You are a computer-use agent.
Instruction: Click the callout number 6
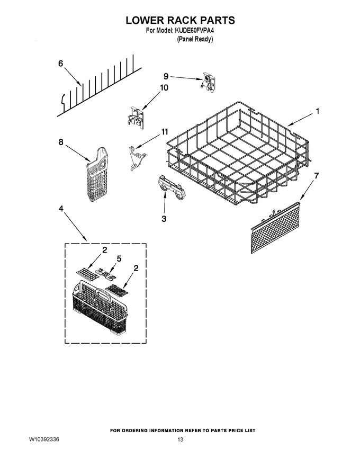(60, 64)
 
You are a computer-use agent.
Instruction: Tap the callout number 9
(166, 76)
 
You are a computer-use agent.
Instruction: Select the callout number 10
(164, 88)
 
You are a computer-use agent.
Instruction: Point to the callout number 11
(164, 132)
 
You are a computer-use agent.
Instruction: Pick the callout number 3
(164, 219)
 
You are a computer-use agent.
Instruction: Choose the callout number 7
(317, 176)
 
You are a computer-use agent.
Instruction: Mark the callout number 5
(119, 258)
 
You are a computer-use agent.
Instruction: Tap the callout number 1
(318, 111)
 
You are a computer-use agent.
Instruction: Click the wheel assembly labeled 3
(169, 189)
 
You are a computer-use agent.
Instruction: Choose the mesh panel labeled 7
(276, 228)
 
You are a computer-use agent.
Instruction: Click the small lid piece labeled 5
(105, 274)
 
